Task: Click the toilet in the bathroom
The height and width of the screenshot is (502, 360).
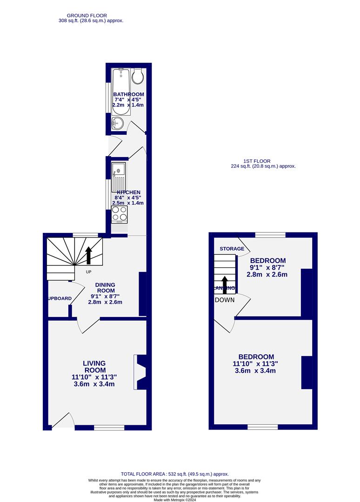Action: [138, 76]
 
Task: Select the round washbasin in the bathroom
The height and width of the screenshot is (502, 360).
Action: [118, 123]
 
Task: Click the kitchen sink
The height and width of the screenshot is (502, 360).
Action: [119, 177]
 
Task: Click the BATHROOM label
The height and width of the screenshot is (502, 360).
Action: [129, 94]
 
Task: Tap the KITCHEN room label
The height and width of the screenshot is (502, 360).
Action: [128, 192]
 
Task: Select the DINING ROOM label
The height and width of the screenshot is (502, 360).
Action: [105, 288]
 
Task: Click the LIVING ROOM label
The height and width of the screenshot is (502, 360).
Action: [94, 366]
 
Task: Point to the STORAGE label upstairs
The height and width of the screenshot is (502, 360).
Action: [232, 249]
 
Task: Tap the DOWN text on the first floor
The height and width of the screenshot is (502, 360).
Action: [225, 300]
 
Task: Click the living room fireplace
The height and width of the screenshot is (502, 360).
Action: [140, 372]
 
